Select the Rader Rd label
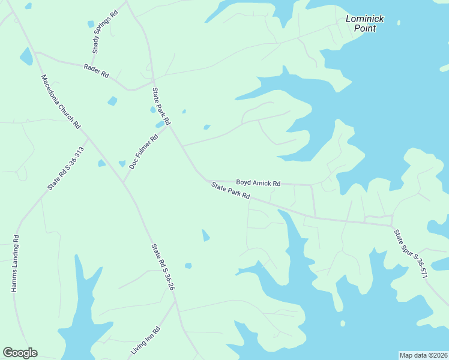tap(96, 70)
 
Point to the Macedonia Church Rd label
tap(60, 101)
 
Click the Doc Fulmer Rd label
tap(143, 150)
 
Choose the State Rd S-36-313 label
tap(65, 169)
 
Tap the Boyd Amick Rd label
tap(258, 182)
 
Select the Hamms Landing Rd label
tap(16, 263)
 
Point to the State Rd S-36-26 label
tap(163, 267)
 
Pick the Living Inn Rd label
tap(145, 340)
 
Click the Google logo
tap(20, 353)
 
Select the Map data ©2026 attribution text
tap(423, 355)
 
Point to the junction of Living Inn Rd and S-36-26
tap(175, 301)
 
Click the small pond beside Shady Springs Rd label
tap(91, 24)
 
